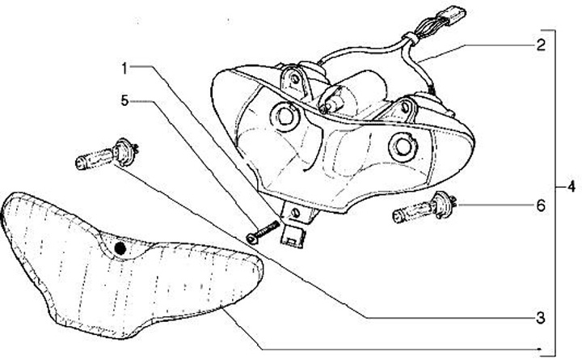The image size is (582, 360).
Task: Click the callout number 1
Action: coord(125,69)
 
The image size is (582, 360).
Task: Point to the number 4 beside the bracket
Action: coord(571,188)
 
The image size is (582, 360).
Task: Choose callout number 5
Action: coord(125,101)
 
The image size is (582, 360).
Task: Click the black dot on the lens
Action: coord(120,247)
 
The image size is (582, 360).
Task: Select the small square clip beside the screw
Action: coord(293,234)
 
